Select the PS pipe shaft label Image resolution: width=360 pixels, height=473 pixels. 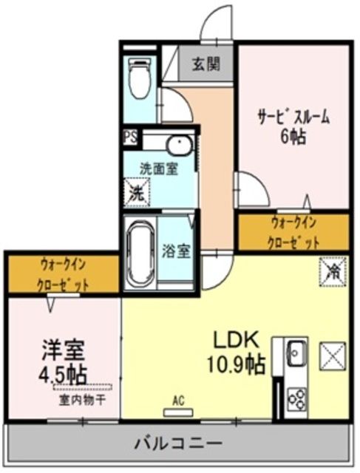point(130,137)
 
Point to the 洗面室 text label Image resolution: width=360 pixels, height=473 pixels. point(159,169)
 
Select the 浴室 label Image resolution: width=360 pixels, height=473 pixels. point(177,250)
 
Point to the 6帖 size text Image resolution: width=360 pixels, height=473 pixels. point(293,137)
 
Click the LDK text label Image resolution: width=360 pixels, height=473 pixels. point(235,340)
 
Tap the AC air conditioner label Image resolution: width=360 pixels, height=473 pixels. point(178,401)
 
